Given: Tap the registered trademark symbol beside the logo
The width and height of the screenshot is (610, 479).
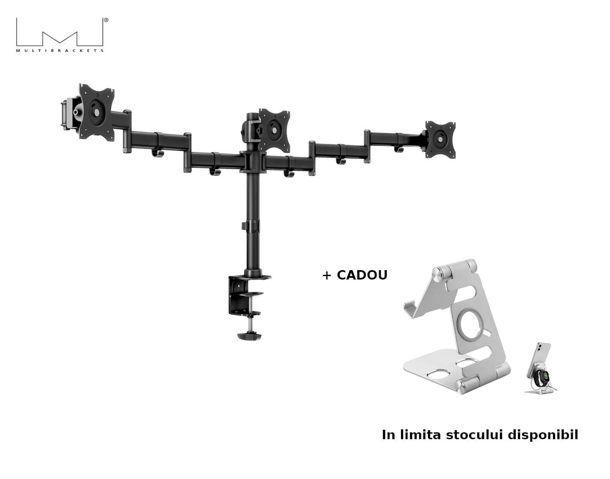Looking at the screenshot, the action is point(106,20).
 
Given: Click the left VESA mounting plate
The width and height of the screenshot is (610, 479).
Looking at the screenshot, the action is point(96,112).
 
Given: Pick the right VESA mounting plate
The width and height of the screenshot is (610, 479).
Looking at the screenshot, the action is point(440,139).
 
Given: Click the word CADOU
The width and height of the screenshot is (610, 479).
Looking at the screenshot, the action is point(362,275).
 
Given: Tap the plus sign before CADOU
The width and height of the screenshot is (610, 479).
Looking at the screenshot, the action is point(327,276).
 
